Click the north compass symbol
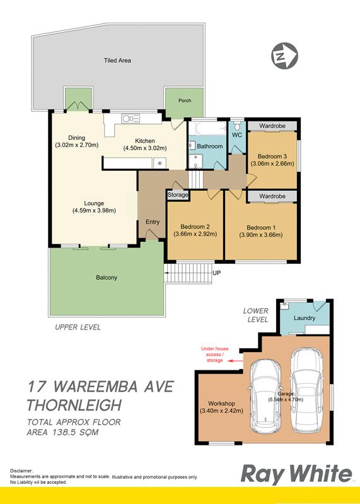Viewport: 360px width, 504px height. click(x=285, y=56)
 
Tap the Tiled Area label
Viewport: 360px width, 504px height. click(x=117, y=60)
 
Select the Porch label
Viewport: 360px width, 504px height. click(x=185, y=101)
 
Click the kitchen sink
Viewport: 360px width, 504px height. click(x=131, y=118)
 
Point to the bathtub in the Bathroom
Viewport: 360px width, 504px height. click(x=208, y=129)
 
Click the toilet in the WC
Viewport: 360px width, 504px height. click(x=237, y=125)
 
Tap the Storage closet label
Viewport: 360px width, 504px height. click(x=178, y=195)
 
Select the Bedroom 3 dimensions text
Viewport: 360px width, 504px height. click(x=272, y=163)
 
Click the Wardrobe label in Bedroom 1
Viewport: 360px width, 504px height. click(x=272, y=196)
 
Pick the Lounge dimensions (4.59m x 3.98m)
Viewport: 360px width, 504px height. click(x=94, y=210)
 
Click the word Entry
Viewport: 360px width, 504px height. click(x=153, y=222)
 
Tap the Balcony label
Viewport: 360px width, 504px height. click(x=107, y=277)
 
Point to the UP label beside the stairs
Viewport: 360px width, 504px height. click(x=216, y=273)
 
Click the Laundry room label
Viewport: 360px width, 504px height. click(x=305, y=318)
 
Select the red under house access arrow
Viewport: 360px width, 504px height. click(x=235, y=361)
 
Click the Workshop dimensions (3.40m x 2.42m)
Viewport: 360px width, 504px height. click(x=221, y=411)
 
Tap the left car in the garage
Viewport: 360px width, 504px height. click(x=265, y=396)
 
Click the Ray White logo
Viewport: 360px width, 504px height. click(x=296, y=474)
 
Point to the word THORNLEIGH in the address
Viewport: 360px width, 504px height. click(x=74, y=405)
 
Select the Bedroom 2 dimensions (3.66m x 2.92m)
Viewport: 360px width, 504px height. click(x=195, y=234)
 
